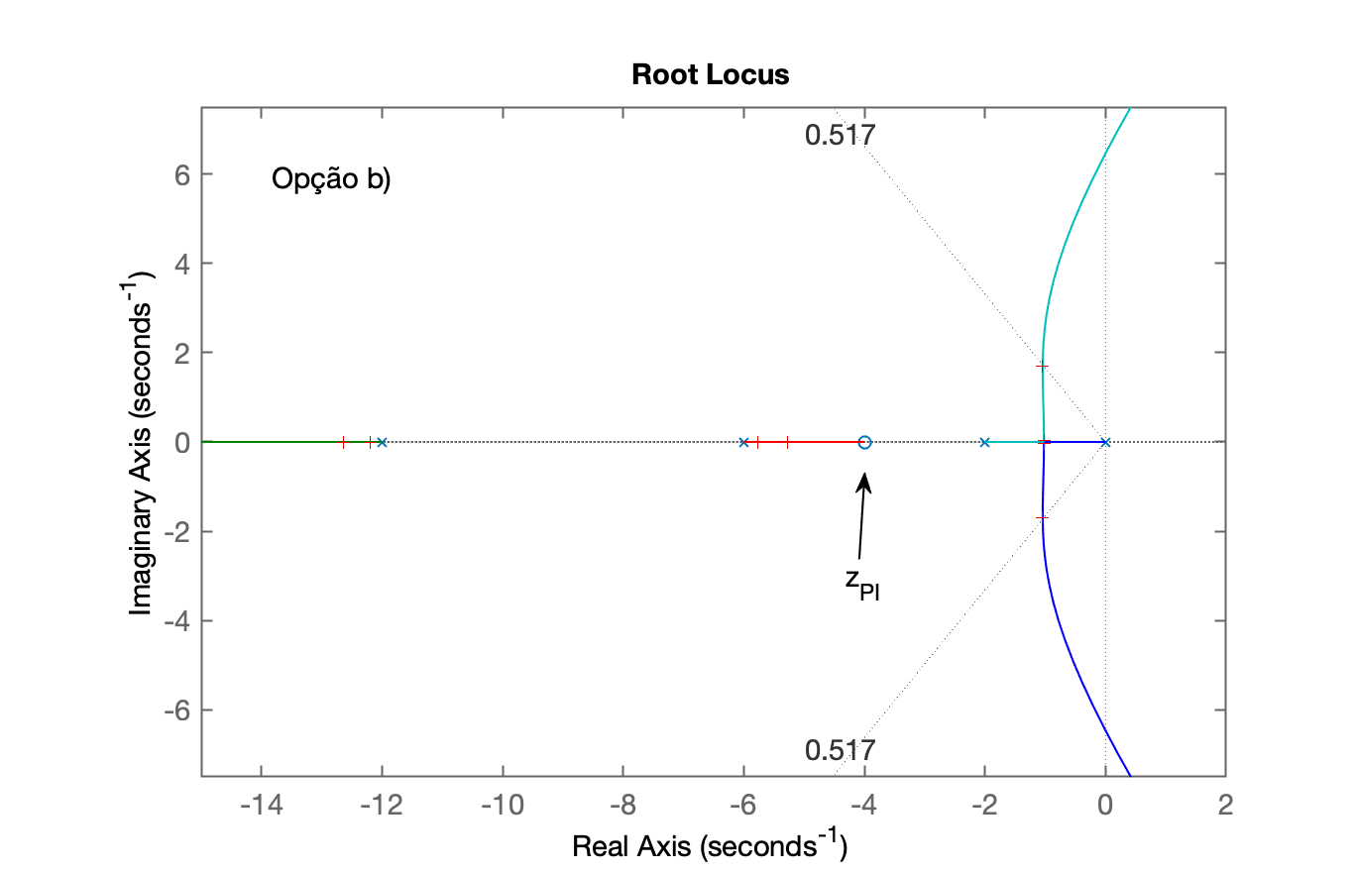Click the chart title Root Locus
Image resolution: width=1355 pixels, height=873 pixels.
[x=710, y=75]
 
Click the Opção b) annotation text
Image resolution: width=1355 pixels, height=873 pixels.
[x=331, y=179]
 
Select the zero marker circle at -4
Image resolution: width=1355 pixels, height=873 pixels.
[x=864, y=443]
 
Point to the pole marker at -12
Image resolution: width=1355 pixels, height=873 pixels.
[x=382, y=443]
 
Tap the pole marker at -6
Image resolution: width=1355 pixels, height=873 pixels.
[x=744, y=443]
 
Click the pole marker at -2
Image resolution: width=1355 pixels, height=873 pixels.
[x=985, y=443]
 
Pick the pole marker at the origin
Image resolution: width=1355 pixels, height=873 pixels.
[x=1105, y=443]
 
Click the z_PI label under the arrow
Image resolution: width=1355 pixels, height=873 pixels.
[x=862, y=586]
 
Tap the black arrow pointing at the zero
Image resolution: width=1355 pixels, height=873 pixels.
[x=862, y=515]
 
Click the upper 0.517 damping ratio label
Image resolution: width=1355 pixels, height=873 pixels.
[x=840, y=135]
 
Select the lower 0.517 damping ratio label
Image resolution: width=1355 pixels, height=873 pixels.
[x=840, y=750]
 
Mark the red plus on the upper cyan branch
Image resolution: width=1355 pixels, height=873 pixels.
[x=1042, y=366]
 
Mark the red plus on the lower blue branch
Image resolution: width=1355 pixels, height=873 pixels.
[x=1042, y=518]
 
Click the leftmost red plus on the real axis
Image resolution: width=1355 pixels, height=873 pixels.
[x=343, y=443]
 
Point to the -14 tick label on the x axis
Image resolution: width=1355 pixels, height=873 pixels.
[x=262, y=806]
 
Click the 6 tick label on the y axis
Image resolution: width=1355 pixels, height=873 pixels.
[x=182, y=176]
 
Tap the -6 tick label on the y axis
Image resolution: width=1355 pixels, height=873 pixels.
[x=176, y=709]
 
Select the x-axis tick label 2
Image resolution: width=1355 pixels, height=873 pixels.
[x=1225, y=806]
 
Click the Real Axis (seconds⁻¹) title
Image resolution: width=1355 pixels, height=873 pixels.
[x=710, y=844]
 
